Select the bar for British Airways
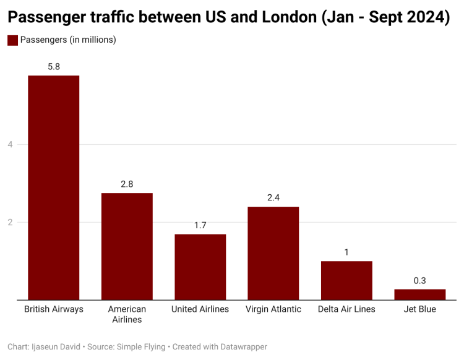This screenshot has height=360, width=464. [x=53, y=187]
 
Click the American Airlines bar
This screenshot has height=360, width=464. [x=127, y=246]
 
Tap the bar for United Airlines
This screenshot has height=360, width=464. [x=200, y=267]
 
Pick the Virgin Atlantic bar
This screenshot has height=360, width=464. [x=273, y=253]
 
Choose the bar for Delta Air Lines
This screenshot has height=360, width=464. [x=346, y=280]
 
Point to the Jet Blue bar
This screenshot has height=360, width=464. [x=419, y=294]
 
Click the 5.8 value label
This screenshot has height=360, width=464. [x=53, y=66]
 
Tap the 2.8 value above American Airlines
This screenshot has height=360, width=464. [x=127, y=184]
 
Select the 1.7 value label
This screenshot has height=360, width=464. [x=200, y=225]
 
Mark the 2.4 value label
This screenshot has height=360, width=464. [x=273, y=197]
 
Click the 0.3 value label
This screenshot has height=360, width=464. [x=419, y=280]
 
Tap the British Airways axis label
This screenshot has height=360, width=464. [x=53, y=309]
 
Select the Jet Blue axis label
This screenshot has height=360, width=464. [x=419, y=309]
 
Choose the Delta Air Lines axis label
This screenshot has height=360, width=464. [x=346, y=309]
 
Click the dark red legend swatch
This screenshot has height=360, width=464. [x=12, y=40]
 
